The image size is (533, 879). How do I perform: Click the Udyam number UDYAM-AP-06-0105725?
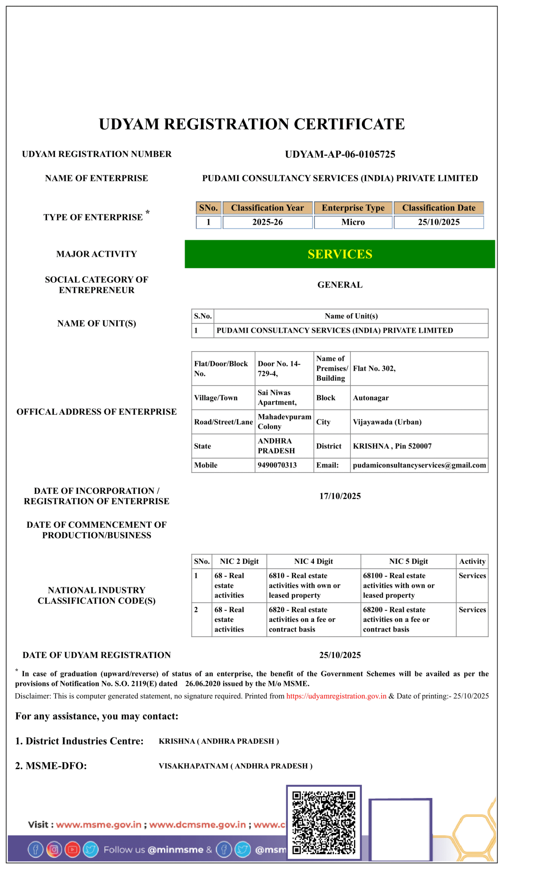[340, 154]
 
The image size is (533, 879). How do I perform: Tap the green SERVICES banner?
[340, 254]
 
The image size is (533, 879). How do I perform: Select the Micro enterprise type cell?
[353, 222]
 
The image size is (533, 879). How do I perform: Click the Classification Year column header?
[267, 208]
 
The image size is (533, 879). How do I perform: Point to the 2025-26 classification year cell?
[267, 222]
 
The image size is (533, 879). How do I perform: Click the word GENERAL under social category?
[340, 285]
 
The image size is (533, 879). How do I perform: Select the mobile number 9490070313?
[277, 465]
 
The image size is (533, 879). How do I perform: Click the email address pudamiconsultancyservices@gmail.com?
[419, 465]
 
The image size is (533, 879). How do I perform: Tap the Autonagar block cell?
[370, 398]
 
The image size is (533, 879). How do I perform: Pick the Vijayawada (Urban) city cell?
[387, 422]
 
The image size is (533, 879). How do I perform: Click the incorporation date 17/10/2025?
[340, 496]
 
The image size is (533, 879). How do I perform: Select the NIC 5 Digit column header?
[408, 561]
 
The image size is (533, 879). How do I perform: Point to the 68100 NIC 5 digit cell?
[398, 585]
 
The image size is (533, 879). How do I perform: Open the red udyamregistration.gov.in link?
[336, 696]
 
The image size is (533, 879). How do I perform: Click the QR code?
[323, 822]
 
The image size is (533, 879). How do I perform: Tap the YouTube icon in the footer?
[72, 849]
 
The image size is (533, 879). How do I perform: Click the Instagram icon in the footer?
[54, 849]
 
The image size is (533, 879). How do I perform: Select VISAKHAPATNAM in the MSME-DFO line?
[193, 766]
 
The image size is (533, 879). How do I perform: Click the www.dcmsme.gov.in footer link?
[197, 825]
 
